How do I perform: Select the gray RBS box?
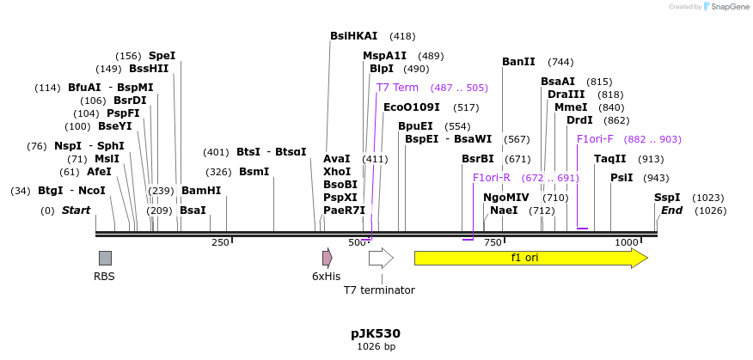click(105, 258)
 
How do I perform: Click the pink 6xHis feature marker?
click(327, 258)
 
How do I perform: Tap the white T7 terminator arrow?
click(380, 258)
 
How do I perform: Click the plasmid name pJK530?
click(376, 333)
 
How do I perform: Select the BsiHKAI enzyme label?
click(353, 36)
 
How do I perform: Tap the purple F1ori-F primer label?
click(595, 139)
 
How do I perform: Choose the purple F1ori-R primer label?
click(491, 178)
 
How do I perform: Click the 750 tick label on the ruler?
click(493, 243)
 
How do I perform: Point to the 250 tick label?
click(220, 243)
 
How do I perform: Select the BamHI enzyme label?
click(201, 191)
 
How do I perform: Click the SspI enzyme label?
click(667, 197)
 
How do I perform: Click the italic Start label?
click(76, 211)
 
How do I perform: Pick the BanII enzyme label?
click(518, 62)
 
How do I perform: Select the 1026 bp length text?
click(376, 347)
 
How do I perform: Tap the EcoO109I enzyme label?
click(411, 107)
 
